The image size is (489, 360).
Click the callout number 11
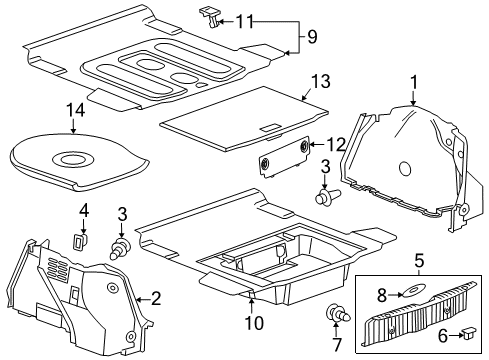point(245,19)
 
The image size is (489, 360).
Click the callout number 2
point(155,297)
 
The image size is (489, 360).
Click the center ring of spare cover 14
point(72,158)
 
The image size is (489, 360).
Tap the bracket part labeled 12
point(284,154)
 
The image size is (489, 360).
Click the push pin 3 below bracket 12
point(324,196)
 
